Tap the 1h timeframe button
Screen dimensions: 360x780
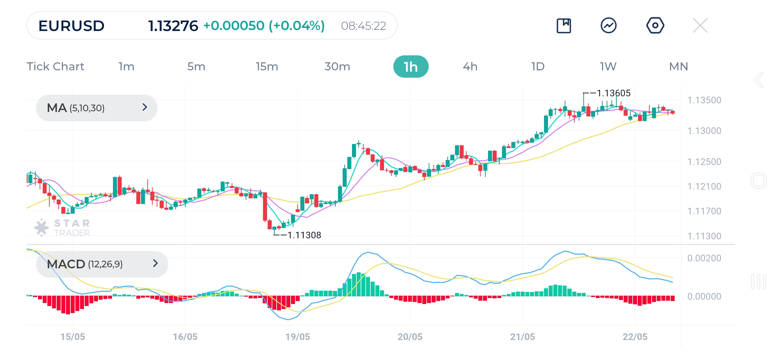(411, 67)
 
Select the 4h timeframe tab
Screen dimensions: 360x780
(470, 67)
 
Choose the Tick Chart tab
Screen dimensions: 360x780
(55, 67)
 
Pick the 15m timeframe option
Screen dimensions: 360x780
(267, 67)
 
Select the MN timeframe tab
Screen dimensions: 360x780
(678, 67)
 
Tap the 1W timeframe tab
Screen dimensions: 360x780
(608, 67)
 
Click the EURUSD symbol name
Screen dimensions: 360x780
(71, 26)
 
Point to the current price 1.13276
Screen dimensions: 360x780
(173, 26)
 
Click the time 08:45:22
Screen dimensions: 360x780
(363, 26)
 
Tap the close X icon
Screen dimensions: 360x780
(700, 25)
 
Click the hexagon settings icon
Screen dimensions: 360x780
(655, 25)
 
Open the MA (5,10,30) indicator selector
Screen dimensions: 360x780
(97, 108)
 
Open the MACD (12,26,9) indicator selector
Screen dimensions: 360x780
(102, 264)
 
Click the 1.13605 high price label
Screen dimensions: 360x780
(613, 93)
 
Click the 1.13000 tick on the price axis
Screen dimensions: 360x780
(704, 131)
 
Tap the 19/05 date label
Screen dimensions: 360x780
(297, 337)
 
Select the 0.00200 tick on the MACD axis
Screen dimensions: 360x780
(704, 258)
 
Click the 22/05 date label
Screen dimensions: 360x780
(635, 337)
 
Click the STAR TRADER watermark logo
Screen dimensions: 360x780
(63, 228)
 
